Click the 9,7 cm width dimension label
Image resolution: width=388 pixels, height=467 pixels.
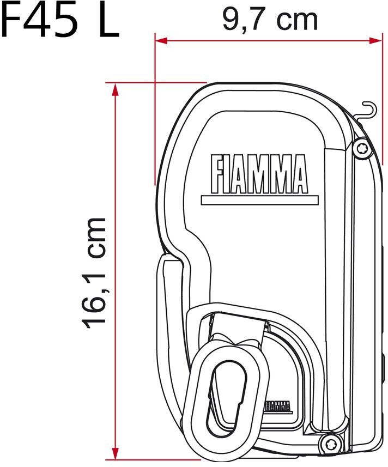click(x=270, y=20)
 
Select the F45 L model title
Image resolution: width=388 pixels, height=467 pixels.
click(x=59, y=20)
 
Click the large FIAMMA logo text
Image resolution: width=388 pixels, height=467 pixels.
click(x=258, y=174)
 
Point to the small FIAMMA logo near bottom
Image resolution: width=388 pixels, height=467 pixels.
click(x=277, y=405)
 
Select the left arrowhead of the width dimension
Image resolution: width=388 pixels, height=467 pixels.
click(x=161, y=40)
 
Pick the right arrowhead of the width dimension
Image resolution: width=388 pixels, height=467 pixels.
click(x=375, y=40)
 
